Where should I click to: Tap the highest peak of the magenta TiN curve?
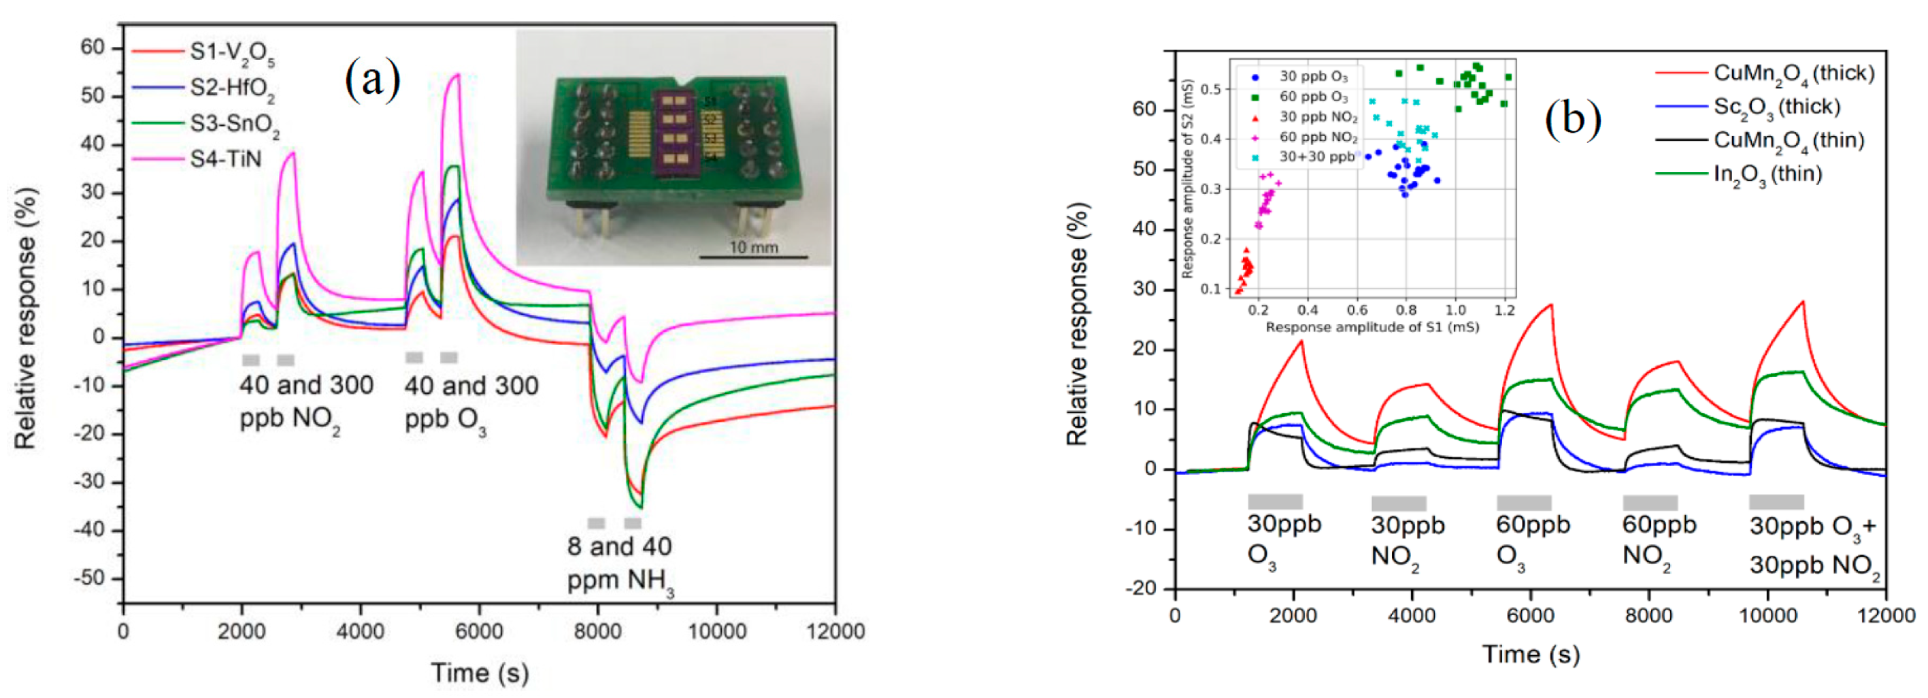pyautogui.click(x=456, y=75)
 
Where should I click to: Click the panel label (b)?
pyautogui.click(x=1572, y=118)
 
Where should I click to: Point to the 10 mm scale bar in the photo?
pyautogui.click(x=753, y=256)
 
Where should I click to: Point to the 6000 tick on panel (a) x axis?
pyautogui.click(x=478, y=631)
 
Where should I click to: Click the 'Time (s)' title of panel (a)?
pyautogui.click(x=480, y=673)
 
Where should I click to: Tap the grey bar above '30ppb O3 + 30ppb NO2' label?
pyautogui.click(x=1776, y=501)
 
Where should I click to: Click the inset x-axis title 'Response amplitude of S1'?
pyautogui.click(x=1371, y=327)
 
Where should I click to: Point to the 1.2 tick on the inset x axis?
pyautogui.click(x=1504, y=310)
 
